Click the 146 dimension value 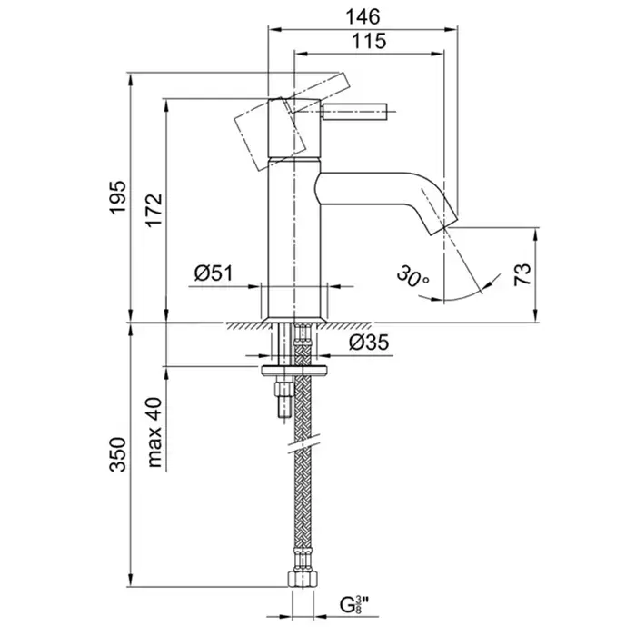point(361,15)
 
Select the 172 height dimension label point(152,209)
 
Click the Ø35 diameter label point(367,343)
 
